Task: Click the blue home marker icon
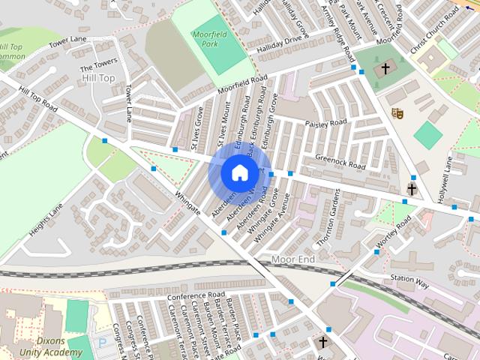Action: [238, 173]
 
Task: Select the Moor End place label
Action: [293, 259]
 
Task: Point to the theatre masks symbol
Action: [398, 112]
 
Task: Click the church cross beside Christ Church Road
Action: [385, 68]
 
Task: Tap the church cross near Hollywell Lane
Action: [411, 187]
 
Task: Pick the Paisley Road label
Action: [325, 122]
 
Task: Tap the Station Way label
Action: [409, 282]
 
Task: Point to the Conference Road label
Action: [196, 295]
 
